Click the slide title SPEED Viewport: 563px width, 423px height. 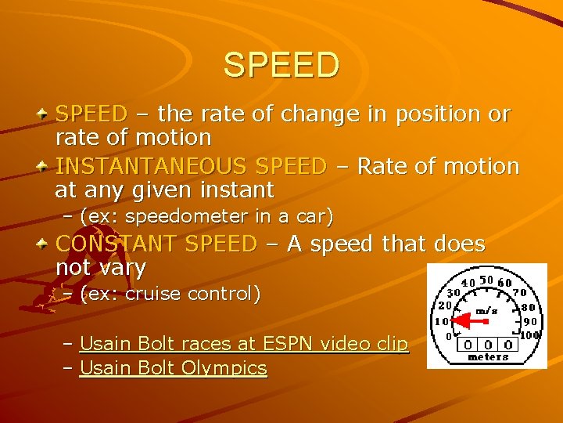coord(281,65)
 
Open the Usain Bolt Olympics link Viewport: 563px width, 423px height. coord(174,368)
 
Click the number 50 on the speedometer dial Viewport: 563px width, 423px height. coord(486,280)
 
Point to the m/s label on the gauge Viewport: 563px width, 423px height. coord(486,310)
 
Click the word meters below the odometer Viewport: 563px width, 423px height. coord(487,357)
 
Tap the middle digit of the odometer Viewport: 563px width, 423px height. coord(487,343)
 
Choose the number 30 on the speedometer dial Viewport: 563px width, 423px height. coord(453,292)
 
